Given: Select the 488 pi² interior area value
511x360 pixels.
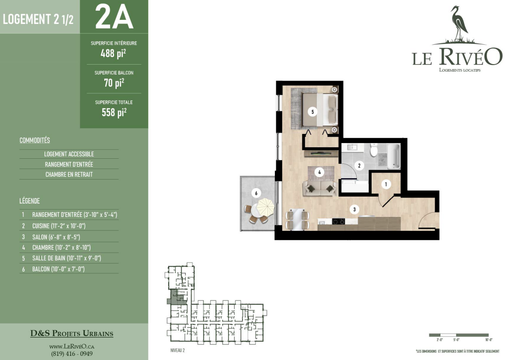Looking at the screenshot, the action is pos(113,53).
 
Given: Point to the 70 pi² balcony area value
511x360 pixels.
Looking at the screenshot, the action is pos(114,83).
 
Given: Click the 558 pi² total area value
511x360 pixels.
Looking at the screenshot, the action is pos(114,112).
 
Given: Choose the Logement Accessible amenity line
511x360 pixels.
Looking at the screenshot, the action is pos(69,154).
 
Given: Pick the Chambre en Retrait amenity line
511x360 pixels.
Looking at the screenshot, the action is pos(69,174).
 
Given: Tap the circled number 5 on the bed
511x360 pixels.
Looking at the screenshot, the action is pos(313,112).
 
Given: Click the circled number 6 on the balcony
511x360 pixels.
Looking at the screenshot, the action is pos(256,193).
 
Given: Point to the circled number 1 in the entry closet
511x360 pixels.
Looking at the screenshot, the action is pos(386,184).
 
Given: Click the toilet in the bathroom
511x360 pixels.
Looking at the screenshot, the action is pos(374,150).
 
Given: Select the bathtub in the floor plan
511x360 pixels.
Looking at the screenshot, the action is pos(393,156).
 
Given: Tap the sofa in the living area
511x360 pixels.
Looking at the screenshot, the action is pos(320,188).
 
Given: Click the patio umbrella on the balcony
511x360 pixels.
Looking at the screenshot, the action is pos(266,207).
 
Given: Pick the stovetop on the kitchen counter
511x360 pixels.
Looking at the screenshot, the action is pos(338,222).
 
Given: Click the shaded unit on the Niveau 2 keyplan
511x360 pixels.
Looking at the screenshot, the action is pos(177,297).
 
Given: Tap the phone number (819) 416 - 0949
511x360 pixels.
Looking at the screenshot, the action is pos(71,354).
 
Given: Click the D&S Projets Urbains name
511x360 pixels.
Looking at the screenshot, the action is pos(71,333).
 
